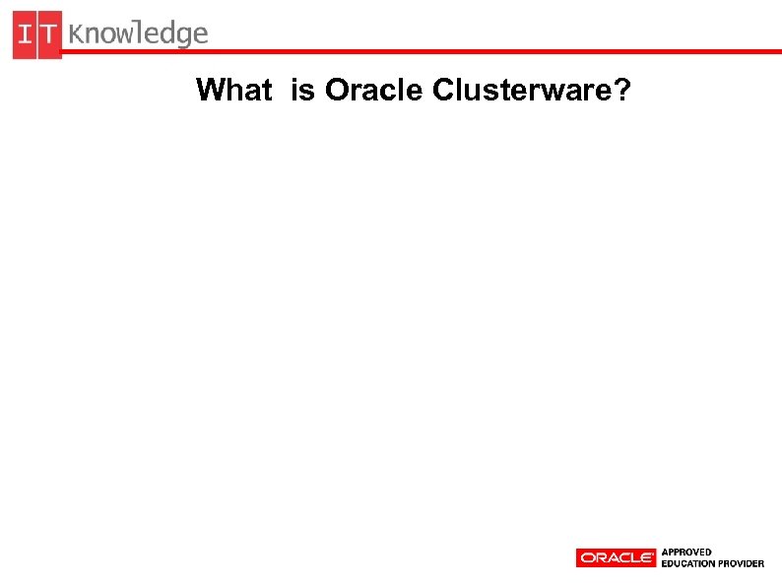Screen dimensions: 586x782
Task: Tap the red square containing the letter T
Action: (x=49, y=34)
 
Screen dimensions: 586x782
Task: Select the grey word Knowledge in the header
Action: (x=139, y=34)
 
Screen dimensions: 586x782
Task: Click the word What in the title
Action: (x=233, y=91)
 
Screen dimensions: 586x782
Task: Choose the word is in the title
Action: (x=302, y=91)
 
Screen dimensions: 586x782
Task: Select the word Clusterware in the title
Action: (x=512, y=91)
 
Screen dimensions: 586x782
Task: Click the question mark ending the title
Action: (x=623, y=91)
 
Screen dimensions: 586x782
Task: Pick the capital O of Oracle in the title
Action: (x=336, y=91)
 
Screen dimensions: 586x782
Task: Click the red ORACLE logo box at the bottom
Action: (x=616, y=557)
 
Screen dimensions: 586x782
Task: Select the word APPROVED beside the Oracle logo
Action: (x=686, y=552)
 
